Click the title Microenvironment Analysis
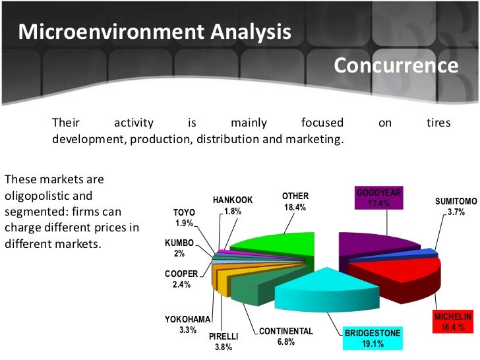[154, 31]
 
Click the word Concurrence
[396, 65]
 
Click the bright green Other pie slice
[277, 237]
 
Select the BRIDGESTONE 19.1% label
[373, 338]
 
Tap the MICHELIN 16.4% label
[453, 322]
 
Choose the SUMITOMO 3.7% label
[456, 206]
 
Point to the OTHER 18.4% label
[295, 202]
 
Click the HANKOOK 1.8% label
[233, 205]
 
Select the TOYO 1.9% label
[184, 218]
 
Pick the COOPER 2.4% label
[181, 279]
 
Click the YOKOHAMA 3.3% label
[187, 324]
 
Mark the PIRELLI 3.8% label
[224, 342]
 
